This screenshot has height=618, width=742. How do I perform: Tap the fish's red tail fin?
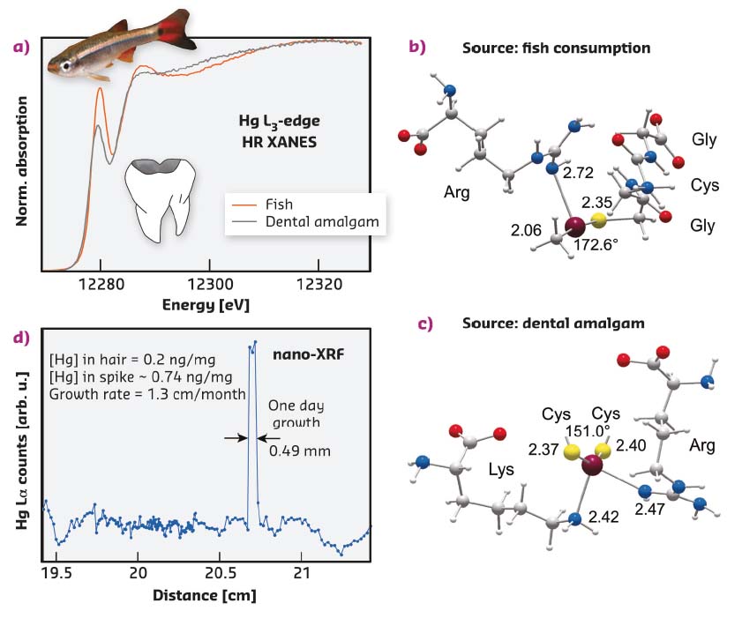(180, 32)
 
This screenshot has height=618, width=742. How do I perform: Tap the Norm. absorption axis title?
(22, 154)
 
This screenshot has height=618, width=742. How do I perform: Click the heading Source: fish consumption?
(556, 48)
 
